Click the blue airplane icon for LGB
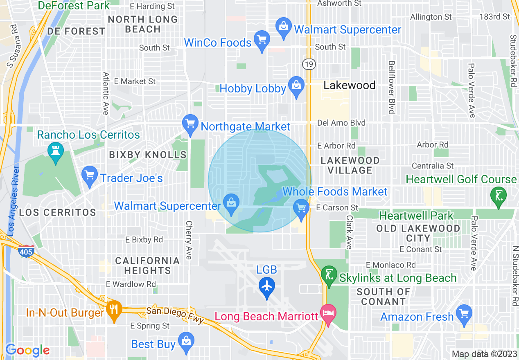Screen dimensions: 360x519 267,285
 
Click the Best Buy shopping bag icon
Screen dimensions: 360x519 186,341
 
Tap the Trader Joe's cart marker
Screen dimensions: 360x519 89,175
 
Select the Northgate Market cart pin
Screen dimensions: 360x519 190,124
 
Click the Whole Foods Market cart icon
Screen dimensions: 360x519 301,208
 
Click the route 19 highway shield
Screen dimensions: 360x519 309,64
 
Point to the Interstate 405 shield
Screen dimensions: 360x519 26,252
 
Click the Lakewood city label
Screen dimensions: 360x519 349,85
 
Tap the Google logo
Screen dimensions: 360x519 27,350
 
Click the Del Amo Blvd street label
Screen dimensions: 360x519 341,123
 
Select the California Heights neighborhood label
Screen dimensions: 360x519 147,265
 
